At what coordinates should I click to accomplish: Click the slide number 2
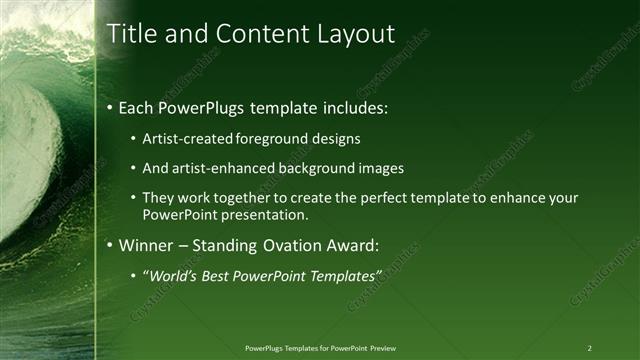tap(589, 348)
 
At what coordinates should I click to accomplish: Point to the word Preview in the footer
tap(383, 348)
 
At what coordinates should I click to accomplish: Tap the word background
tap(318, 168)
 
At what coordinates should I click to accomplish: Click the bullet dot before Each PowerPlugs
tap(110, 107)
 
